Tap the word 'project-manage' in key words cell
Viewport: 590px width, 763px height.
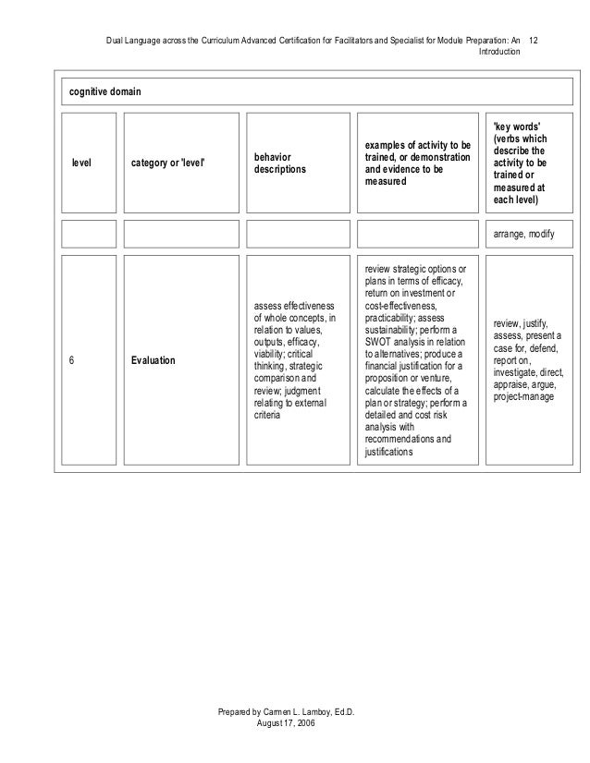coord(524,396)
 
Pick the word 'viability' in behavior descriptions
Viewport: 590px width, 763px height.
coord(269,353)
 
